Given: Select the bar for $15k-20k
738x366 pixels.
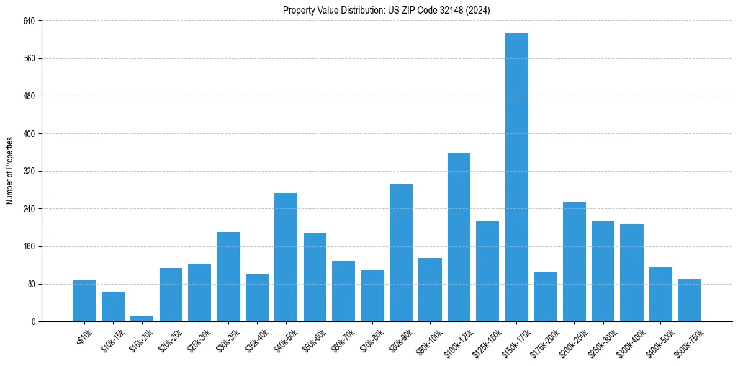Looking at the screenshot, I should pos(142,318).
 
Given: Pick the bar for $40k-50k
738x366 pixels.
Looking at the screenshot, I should pos(286,257).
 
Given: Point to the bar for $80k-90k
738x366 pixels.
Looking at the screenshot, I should pos(401,252).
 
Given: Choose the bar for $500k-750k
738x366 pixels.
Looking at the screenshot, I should pos(689,300).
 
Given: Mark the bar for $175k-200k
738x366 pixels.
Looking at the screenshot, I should pos(545,297).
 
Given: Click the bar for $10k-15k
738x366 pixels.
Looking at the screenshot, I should pos(113,306).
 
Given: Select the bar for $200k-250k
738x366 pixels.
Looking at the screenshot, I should pos(574,262).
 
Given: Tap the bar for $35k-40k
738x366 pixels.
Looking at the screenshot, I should pos(257,298).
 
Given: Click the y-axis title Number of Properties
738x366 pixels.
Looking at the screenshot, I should pos(9,171).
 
